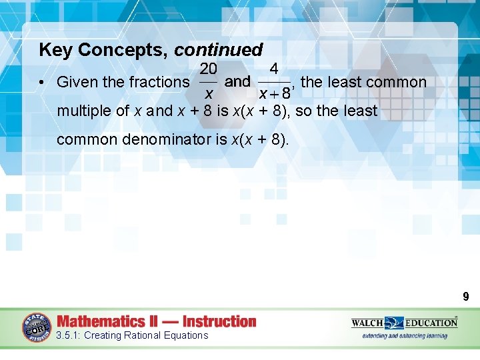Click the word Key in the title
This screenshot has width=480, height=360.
(54, 50)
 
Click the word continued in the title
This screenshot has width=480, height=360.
(219, 50)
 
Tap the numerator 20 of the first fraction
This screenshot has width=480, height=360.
(207, 68)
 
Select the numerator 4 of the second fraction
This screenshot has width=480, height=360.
(274, 68)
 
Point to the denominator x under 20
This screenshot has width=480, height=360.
(207, 94)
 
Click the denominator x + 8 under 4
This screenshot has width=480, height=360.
(274, 94)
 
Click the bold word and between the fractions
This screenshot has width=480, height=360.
(238, 82)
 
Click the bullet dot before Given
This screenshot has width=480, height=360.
(41, 83)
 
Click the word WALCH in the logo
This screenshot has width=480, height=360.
(368, 323)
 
